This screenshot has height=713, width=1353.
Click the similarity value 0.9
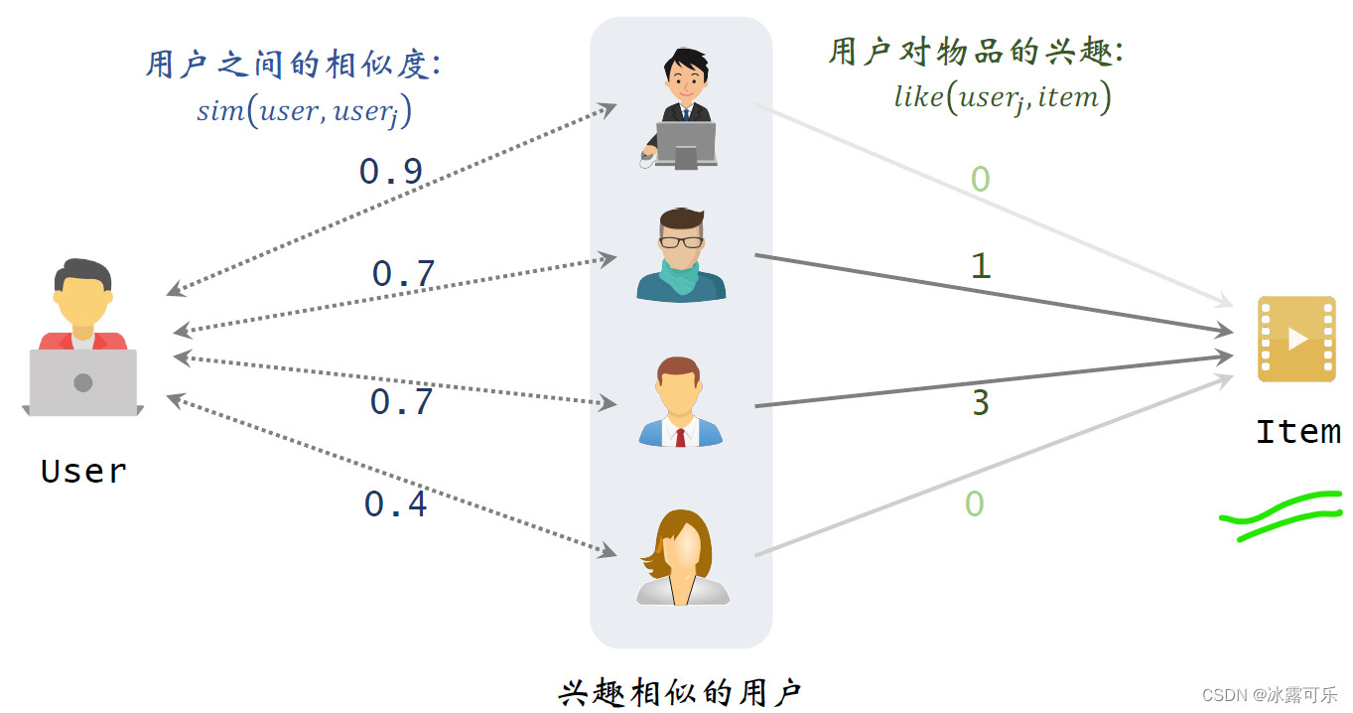click(x=391, y=172)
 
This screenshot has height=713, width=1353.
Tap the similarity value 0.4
click(x=395, y=504)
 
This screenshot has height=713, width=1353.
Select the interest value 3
click(x=981, y=403)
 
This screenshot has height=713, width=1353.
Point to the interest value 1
click(x=981, y=266)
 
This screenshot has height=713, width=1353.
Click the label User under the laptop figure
click(x=83, y=471)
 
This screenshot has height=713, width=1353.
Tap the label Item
click(x=1297, y=432)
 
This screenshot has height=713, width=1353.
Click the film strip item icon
click(x=1295, y=339)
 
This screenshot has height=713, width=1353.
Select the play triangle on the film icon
click(x=1297, y=339)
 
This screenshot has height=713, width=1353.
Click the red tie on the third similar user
click(x=680, y=436)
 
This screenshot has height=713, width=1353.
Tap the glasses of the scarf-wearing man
click(x=681, y=241)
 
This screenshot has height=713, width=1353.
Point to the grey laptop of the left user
click(x=83, y=382)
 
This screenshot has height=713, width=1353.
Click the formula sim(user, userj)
click(x=304, y=111)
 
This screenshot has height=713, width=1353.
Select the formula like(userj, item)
click(x=1002, y=97)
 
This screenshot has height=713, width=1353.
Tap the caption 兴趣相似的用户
click(x=680, y=692)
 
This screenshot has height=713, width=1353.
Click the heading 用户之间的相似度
click(x=293, y=66)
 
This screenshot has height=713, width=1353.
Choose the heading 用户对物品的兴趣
click(x=976, y=52)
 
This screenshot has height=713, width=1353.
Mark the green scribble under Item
click(x=1281, y=516)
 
